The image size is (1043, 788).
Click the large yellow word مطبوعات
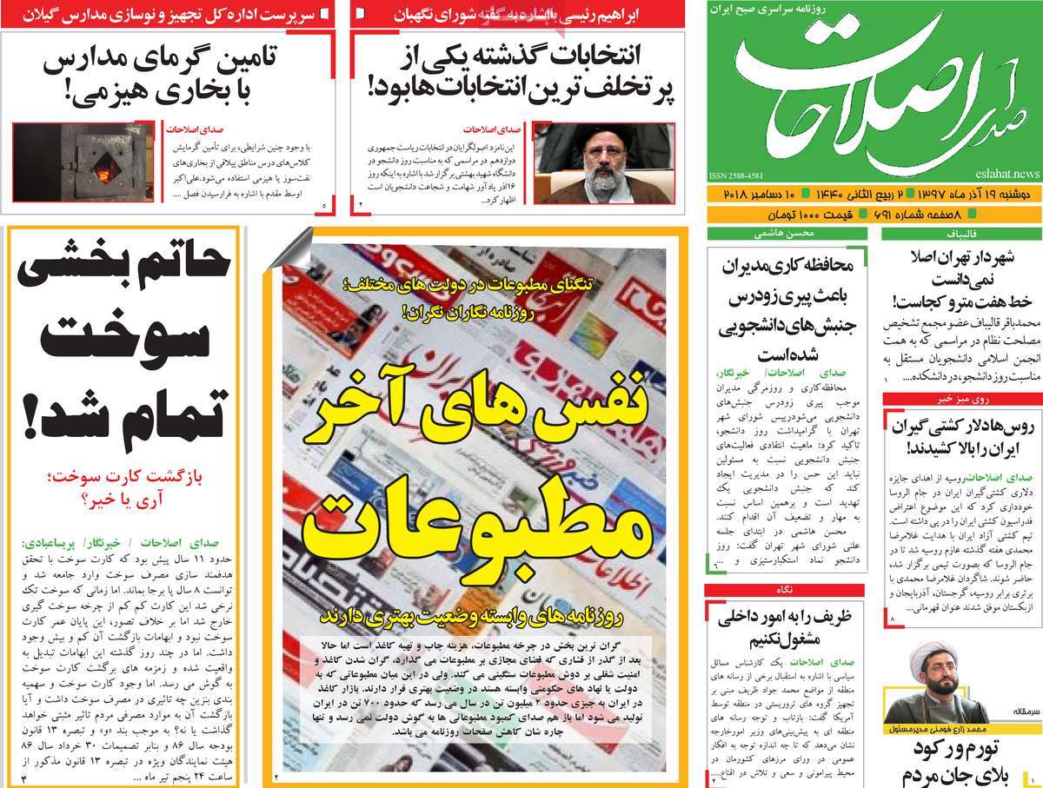click(475, 523)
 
